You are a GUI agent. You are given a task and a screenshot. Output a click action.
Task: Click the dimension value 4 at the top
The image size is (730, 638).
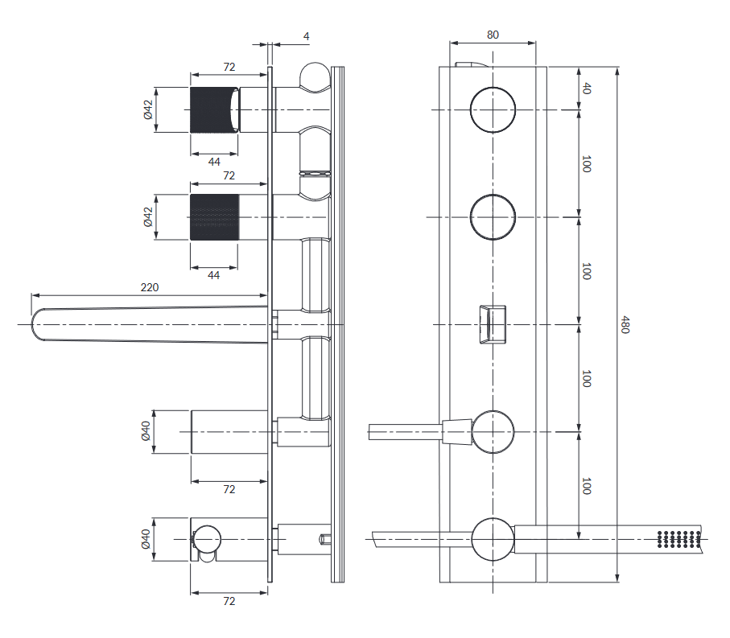[307, 36]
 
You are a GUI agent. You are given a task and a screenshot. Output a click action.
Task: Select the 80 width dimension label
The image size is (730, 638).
[493, 35]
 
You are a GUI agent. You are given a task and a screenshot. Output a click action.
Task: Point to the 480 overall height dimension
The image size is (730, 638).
[625, 324]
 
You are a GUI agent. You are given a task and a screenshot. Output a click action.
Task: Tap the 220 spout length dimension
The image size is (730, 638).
[150, 287]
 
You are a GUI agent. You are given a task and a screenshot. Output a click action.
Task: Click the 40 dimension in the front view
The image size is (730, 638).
[587, 88]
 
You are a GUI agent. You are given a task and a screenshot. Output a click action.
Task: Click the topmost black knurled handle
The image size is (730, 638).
[214, 110]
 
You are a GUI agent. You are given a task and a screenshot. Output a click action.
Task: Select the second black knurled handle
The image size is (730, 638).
[214, 217]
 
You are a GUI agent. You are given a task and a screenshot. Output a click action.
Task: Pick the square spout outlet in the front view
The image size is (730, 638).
[493, 324]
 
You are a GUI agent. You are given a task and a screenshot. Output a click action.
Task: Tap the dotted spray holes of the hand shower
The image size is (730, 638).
[678, 539]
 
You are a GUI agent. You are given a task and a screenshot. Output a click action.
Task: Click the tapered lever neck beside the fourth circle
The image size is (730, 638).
[457, 432]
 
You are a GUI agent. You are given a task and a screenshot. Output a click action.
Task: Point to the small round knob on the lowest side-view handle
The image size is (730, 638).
[207, 539]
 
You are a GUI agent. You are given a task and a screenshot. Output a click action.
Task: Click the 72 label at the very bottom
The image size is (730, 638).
[229, 601]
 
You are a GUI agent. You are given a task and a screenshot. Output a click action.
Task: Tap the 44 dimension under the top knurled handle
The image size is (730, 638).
[214, 162]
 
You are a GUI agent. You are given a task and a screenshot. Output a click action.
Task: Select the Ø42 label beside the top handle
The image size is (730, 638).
[148, 110]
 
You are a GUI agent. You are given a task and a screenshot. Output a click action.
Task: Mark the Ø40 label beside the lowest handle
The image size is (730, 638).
[146, 539]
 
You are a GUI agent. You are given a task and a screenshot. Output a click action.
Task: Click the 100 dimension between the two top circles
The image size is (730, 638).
[587, 164]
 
